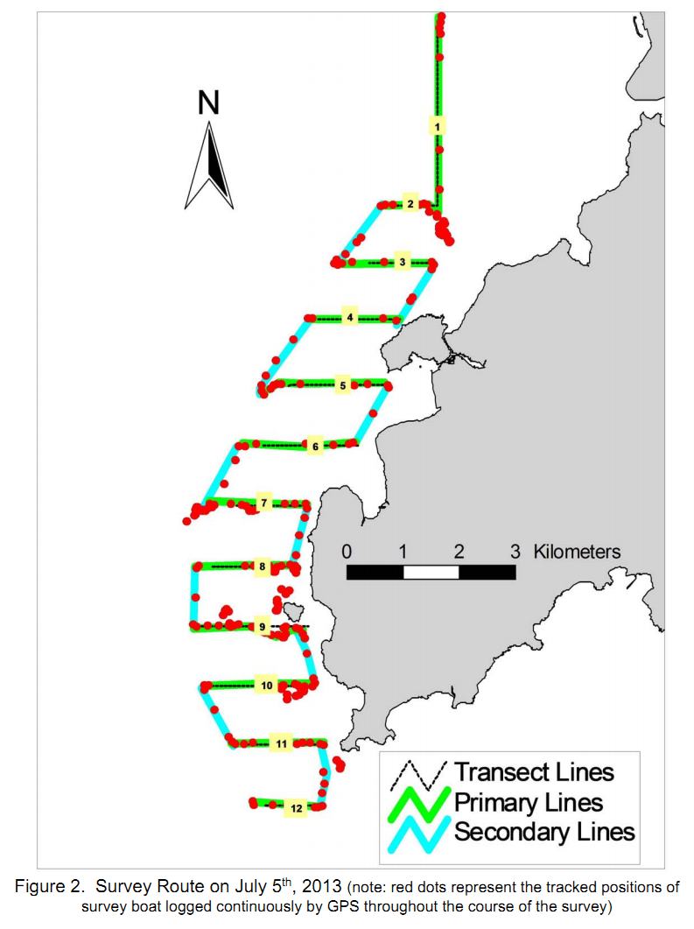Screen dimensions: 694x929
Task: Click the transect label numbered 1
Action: click(437, 127)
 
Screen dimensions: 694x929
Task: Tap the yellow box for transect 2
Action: click(410, 204)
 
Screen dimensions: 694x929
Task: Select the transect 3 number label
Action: click(403, 262)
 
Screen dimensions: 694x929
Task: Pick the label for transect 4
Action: click(350, 318)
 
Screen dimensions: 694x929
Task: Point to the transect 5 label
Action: click(343, 386)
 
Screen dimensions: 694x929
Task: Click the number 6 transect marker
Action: click(315, 447)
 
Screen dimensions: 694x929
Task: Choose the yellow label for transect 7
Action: click(264, 503)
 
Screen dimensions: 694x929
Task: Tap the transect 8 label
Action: click(263, 567)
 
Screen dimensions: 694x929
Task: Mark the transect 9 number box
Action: click(263, 627)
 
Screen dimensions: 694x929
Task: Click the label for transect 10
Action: click(267, 686)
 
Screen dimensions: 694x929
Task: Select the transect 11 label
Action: click(281, 743)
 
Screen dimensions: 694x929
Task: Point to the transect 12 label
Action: click(296, 808)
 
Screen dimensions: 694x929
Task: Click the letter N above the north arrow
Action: click(208, 102)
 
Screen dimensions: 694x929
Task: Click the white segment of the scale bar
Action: click(431, 573)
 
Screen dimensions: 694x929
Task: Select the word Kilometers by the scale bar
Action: click(577, 552)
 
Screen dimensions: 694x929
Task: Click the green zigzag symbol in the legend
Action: click(418, 803)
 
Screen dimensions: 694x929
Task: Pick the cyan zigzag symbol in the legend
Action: click(418, 834)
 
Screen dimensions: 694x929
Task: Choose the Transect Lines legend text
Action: click(535, 772)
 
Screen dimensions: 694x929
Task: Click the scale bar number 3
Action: click(515, 552)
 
